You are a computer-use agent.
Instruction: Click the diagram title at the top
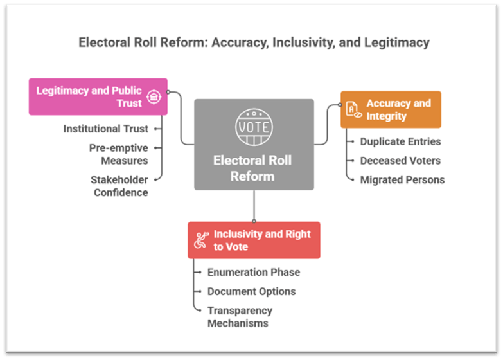coord(254,43)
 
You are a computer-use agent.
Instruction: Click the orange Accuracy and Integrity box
coord(391,109)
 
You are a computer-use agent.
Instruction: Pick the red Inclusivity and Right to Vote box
coord(254,240)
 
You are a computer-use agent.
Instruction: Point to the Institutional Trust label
coord(105,129)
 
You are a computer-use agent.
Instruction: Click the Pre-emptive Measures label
coord(118,154)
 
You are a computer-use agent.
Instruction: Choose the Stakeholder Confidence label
coord(119,186)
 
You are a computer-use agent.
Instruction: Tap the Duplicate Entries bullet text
coord(400,141)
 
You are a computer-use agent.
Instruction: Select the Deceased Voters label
coord(400,161)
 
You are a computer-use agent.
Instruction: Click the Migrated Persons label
coord(402,179)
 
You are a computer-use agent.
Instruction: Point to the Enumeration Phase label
coord(253,272)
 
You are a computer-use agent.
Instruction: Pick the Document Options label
coord(251,291)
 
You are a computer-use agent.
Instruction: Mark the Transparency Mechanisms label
coord(240,316)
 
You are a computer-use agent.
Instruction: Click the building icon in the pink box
coord(154,97)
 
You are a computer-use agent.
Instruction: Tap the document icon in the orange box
coord(353,109)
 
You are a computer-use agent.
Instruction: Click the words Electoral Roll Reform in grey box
coord(253,168)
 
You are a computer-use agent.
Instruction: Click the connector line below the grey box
coord(254,206)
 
